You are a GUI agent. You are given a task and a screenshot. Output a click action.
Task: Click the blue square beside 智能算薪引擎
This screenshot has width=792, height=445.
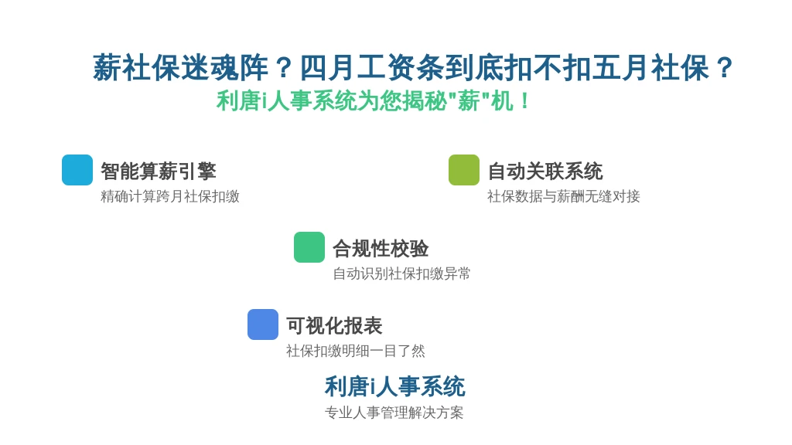pos(77,170)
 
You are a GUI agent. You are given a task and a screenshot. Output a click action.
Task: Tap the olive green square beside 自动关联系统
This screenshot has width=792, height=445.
pos(464,170)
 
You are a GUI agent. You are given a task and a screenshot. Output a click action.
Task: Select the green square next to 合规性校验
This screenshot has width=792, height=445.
pos(309,247)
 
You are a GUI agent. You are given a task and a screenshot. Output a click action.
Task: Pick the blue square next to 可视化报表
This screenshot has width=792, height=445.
pos(263,324)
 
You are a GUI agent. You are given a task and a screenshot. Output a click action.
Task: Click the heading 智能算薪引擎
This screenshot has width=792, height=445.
pos(159,171)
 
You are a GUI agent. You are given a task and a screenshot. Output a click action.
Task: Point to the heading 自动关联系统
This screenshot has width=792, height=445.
pos(545,171)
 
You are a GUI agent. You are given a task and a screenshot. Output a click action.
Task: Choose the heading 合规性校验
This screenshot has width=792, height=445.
pos(381,248)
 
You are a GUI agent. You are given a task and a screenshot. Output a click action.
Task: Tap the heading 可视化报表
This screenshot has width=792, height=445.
pos(334,325)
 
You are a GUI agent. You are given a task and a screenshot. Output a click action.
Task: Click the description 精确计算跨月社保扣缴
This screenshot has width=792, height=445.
pos(169,196)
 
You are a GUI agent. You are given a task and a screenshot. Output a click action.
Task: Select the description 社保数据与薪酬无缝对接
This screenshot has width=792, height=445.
pos(563,196)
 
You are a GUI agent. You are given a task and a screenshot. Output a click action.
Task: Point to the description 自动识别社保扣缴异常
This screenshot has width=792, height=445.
pos(401,273)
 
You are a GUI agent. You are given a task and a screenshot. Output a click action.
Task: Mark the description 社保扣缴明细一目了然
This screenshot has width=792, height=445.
pos(355,351)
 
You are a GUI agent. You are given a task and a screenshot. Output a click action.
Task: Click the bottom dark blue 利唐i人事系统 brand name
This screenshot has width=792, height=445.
pos(394,386)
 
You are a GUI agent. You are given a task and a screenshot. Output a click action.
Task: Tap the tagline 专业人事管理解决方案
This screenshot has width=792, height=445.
pos(394,413)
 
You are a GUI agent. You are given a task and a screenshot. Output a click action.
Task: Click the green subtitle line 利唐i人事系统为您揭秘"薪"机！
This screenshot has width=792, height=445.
pos(373,100)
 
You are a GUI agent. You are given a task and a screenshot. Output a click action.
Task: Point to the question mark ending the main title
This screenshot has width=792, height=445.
pos(724,68)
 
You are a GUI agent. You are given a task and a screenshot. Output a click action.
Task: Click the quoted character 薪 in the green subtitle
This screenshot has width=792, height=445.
pos(469,100)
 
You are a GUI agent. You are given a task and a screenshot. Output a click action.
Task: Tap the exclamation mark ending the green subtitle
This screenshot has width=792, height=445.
pos(525,100)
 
